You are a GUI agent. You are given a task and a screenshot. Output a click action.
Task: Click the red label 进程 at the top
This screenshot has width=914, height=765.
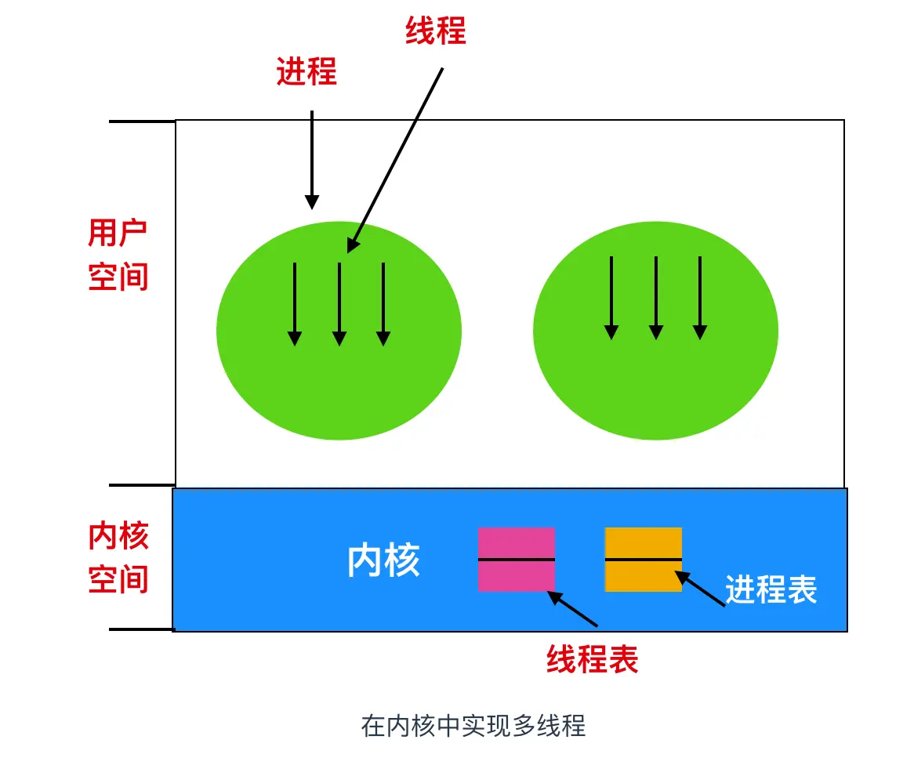click(306, 73)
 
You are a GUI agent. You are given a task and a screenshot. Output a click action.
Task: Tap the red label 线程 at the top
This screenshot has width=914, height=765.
click(436, 31)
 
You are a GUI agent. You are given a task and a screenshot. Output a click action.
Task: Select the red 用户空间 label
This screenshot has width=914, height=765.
click(118, 255)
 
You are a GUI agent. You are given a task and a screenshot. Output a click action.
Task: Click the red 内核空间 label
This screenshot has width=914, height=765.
click(118, 558)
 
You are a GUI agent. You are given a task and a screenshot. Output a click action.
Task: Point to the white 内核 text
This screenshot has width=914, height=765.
click(383, 561)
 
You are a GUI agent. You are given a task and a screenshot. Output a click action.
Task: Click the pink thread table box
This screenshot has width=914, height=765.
click(517, 559)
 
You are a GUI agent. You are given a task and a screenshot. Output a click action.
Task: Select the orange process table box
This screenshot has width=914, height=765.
click(644, 559)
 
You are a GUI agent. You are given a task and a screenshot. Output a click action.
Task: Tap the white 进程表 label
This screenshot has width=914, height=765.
click(771, 589)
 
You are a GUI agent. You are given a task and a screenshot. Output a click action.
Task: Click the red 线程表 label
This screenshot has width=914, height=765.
click(592, 660)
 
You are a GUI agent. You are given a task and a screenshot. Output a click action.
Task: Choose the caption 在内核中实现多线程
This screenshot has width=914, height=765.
click(473, 726)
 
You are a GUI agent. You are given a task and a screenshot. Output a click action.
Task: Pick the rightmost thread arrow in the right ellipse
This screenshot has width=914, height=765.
click(700, 298)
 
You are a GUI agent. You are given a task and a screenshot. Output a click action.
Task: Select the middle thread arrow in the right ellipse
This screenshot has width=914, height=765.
click(655, 298)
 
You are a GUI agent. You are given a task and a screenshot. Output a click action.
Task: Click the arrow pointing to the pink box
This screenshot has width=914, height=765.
click(573, 608)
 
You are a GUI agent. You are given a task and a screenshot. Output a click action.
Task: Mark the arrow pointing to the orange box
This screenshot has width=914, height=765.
click(700, 589)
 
